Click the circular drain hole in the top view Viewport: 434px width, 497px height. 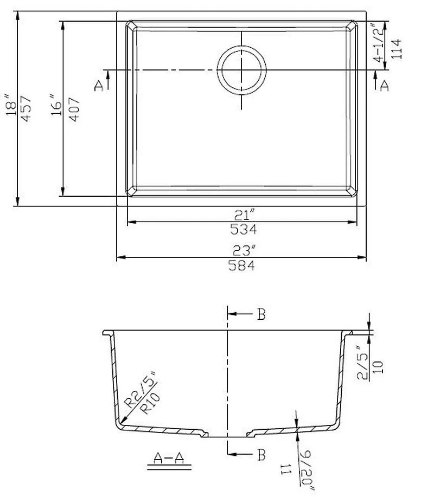click(242, 70)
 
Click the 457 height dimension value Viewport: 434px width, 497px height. click(27, 108)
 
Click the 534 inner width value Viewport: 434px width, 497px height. click(242, 229)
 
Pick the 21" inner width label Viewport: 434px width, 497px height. click(242, 215)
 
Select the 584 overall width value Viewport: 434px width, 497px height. click(242, 265)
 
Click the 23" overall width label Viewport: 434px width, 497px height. click(242, 251)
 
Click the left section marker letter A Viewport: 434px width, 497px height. click(99, 85)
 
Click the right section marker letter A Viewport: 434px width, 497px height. click(385, 85)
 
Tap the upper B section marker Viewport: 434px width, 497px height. click(261, 314)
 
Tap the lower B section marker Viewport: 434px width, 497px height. click(261, 455)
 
